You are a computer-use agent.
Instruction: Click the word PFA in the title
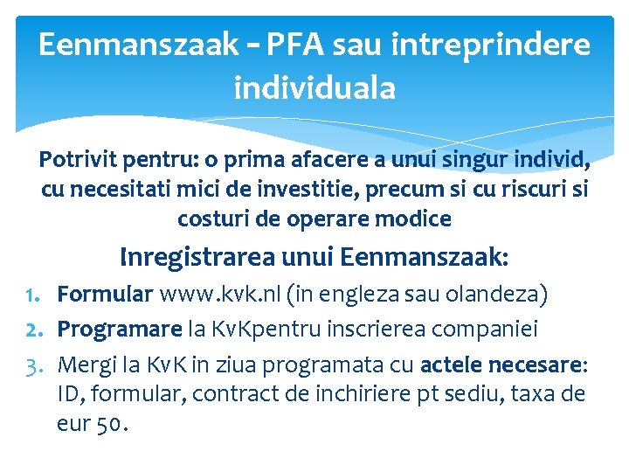pos(285,44)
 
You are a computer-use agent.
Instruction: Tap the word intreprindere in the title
pos(493,44)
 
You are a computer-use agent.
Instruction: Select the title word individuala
pos(314,87)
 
